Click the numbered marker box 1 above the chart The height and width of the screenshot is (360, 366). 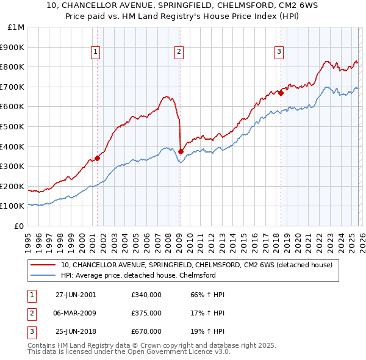point(96,52)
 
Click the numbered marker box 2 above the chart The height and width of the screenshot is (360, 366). point(179,52)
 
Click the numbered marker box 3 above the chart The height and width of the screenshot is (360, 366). point(279,52)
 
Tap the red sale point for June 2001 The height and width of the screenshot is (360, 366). point(97,158)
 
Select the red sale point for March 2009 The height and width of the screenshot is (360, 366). point(181,151)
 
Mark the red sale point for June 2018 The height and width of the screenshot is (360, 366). point(281,93)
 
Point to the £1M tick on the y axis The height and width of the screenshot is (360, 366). point(16,27)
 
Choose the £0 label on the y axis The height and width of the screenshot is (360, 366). point(20,226)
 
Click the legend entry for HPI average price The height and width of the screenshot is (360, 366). point(138,275)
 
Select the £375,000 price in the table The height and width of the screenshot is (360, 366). point(146,313)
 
